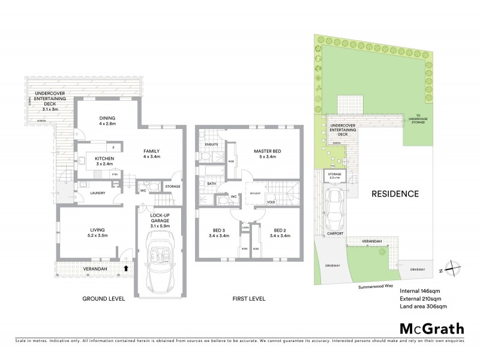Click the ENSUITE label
coord(211,145)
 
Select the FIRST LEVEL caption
coord(248,299)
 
